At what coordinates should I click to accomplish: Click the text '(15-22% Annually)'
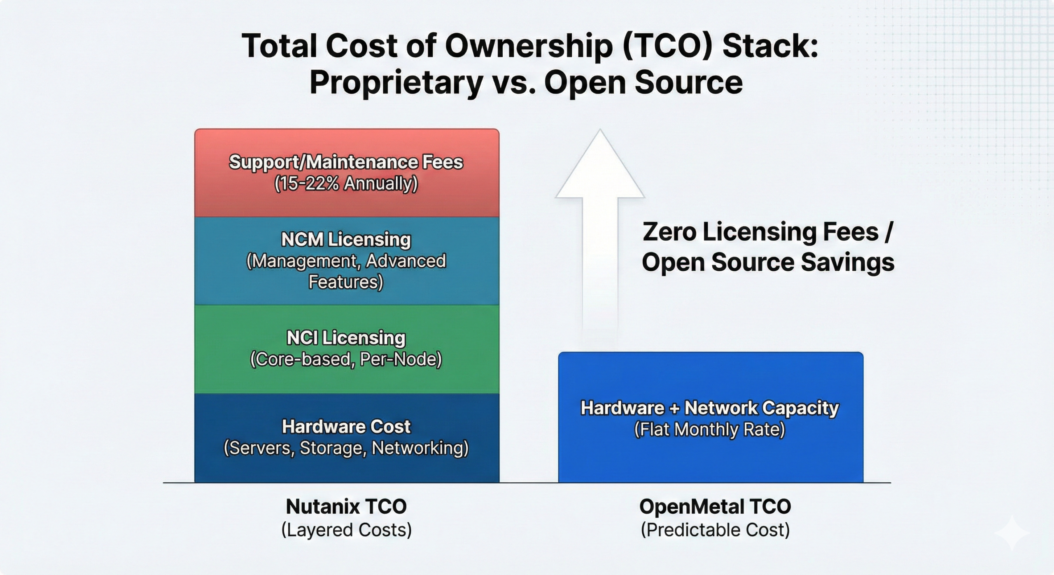coord(346,183)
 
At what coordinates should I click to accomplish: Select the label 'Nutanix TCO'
coord(346,507)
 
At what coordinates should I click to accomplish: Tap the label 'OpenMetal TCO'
coord(715,507)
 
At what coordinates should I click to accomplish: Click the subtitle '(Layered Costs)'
coord(346,530)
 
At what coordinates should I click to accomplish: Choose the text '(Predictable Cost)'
coord(715,530)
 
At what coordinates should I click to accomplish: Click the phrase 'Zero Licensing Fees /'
coord(768,231)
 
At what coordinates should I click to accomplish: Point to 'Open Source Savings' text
coord(768,262)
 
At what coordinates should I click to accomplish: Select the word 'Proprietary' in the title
coord(396,82)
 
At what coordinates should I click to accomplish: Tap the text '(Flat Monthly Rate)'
coord(710,430)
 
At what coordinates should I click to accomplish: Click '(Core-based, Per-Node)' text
coord(346,359)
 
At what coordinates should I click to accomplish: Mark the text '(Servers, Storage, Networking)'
coord(346,448)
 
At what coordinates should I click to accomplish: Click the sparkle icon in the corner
coord(1012,534)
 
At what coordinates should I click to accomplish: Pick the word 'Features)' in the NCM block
coord(346,282)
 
